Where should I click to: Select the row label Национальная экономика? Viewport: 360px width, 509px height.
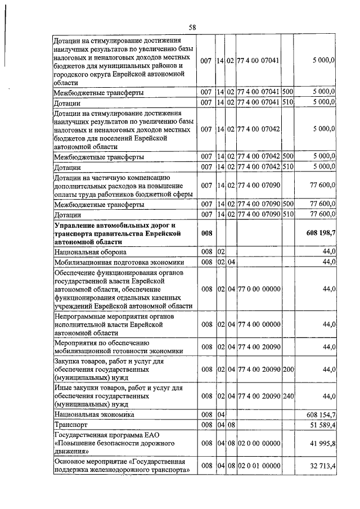[94, 414]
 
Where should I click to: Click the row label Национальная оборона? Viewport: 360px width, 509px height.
[90, 252]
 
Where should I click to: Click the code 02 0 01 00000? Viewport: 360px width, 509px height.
[259, 466]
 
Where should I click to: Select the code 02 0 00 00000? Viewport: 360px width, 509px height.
[259, 444]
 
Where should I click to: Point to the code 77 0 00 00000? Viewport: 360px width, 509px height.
[259, 289]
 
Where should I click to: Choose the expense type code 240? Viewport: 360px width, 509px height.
[288, 397]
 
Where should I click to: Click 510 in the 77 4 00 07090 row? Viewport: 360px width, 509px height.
[288, 215]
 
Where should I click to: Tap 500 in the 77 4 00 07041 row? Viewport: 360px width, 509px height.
[288, 92]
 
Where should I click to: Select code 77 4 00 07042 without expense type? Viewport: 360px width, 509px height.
[259, 129]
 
